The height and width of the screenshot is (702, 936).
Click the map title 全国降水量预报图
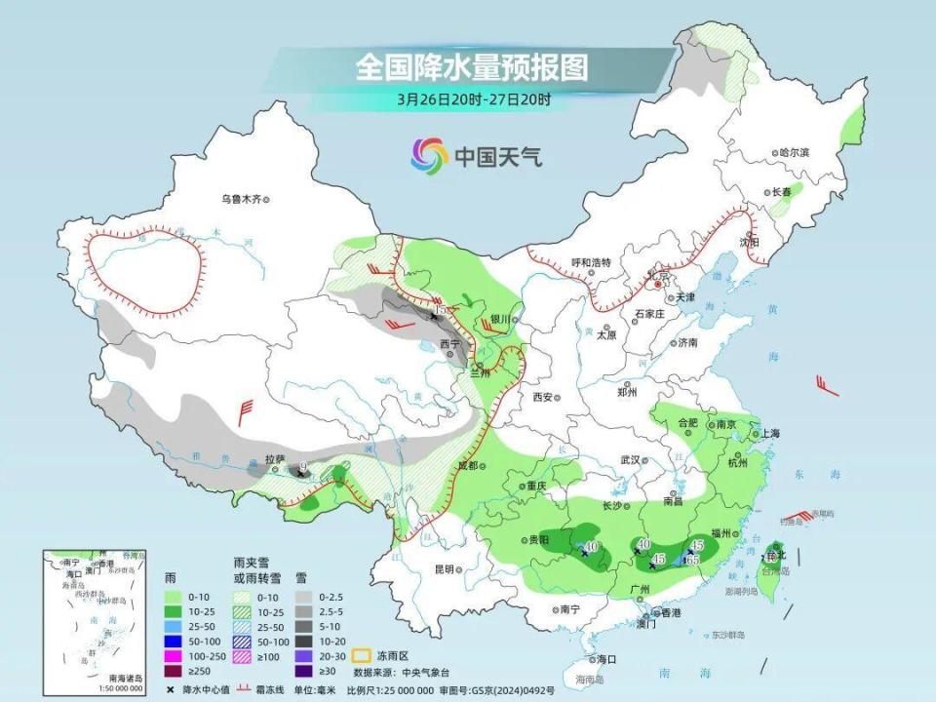[x=472, y=68]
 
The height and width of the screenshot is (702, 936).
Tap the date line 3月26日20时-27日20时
[x=474, y=98]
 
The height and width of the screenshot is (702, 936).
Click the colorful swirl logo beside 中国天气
[x=429, y=155]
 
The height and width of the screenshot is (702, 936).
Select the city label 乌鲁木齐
[x=240, y=199]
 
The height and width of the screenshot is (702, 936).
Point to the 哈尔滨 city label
[x=794, y=153]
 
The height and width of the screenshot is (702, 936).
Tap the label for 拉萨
[x=274, y=458]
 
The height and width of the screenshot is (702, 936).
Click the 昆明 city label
[x=445, y=568]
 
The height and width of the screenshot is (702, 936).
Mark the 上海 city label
[x=771, y=434]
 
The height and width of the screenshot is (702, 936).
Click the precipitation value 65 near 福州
[x=694, y=560]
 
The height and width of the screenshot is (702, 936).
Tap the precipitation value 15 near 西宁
[x=440, y=309]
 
